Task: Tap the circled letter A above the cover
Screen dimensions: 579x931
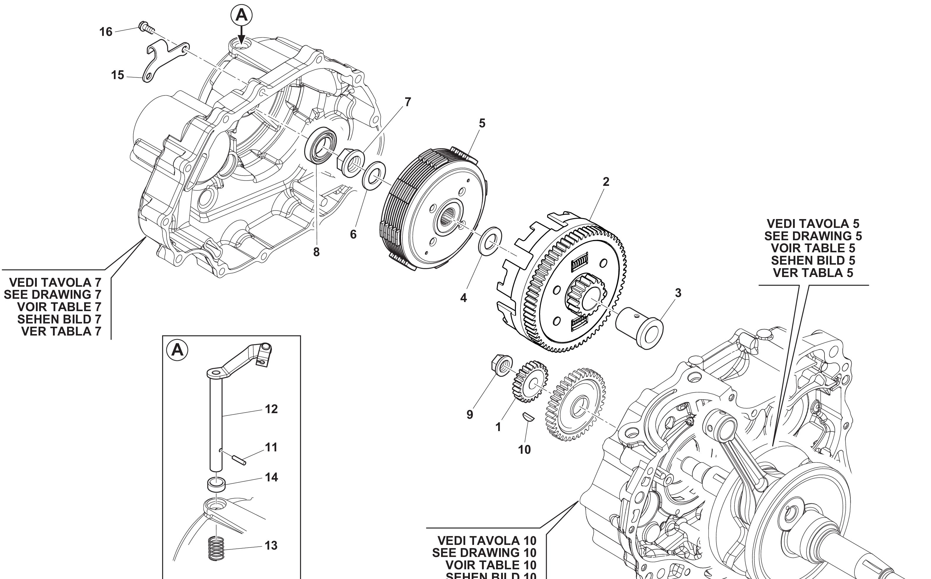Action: pyautogui.click(x=241, y=15)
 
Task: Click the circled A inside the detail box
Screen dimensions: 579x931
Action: pyautogui.click(x=177, y=350)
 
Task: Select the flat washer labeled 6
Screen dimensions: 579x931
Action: pyautogui.click(x=374, y=175)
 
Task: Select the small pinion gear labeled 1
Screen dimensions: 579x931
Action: pyautogui.click(x=530, y=381)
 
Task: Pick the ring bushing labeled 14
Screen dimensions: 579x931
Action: pyautogui.click(x=217, y=484)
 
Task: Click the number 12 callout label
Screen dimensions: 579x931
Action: pyautogui.click(x=271, y=409)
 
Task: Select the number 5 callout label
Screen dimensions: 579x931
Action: pyautogui.click(x=482, y=123)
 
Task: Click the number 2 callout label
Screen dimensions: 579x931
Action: pyautogui.click(x=606, y=182)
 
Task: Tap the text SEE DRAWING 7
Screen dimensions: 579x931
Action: pyautogui.click(x=52, y=294)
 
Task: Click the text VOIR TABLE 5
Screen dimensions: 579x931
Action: pyautogui.click(x=813, y=248)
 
